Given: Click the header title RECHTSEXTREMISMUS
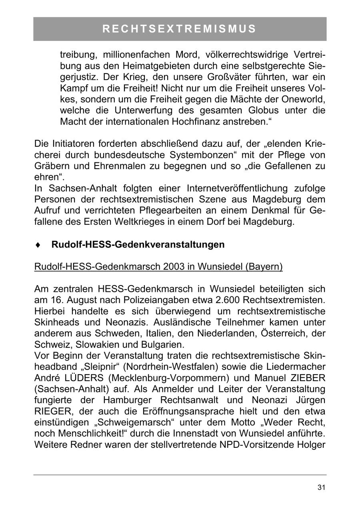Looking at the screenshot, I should [180, 29].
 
